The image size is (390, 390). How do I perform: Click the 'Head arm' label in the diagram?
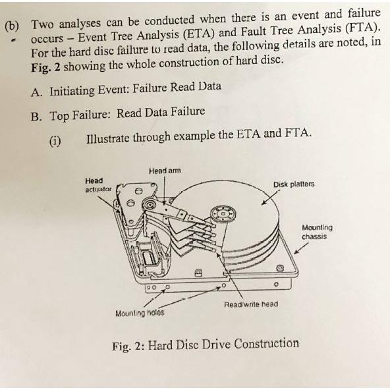click(x=164, y=171)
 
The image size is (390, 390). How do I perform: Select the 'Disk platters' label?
click(x=294, y=184)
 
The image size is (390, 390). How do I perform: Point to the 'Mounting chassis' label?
click(x=317, y=232)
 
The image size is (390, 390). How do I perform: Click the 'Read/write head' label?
click(x=250, y=304)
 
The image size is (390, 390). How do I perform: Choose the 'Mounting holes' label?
click(x=140, y=312)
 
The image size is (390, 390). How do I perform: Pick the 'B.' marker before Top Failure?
click(x=38, y=115)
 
